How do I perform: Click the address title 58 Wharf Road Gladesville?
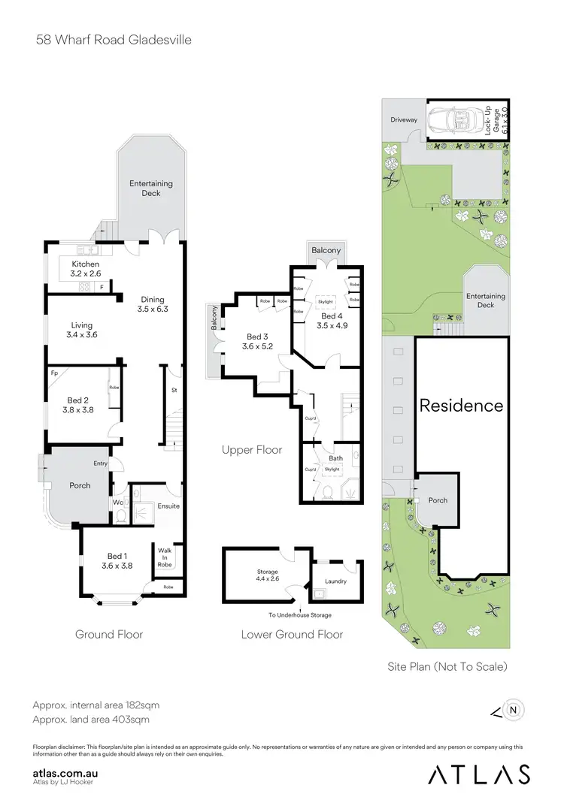[114, 39]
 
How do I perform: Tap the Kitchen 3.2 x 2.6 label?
[85, 269]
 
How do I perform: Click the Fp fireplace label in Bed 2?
[54, 373]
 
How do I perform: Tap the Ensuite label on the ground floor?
[168, 506]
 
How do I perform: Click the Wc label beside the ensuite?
[118, 502]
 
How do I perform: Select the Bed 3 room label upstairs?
[258, 342]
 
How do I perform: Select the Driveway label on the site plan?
[403, 120]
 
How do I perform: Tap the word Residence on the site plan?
[461, 406]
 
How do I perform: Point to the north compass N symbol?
[513, 708]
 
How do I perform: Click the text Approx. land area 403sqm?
[91, 719]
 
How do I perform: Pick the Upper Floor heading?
[252, 450]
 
